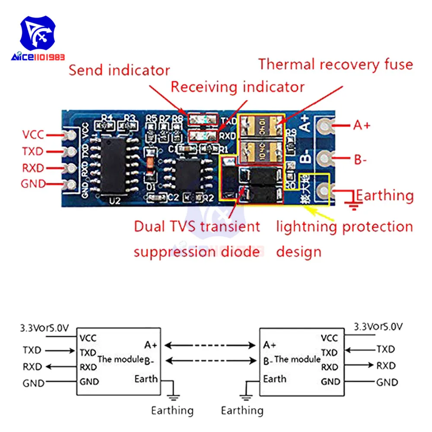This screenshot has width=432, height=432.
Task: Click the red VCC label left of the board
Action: click(33, 134)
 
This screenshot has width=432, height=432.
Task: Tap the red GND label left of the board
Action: click(33, 184)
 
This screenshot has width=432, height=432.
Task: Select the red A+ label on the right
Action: click(362, 125)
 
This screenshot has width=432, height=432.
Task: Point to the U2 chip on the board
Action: click(113, 166)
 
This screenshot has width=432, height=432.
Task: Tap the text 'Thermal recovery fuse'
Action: click(336, 64)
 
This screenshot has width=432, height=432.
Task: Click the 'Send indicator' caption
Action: click(119, 70)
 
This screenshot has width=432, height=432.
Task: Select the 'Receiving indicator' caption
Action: click(238, 87)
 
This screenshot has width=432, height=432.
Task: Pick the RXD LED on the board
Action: click(203, 136)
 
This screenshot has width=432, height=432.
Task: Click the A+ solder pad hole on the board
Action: click(323, 126)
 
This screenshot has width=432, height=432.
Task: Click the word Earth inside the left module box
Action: click(146, 379)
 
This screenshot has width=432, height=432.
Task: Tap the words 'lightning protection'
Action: click(344, 226)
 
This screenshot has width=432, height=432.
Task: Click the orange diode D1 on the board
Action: click(149, 165)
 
